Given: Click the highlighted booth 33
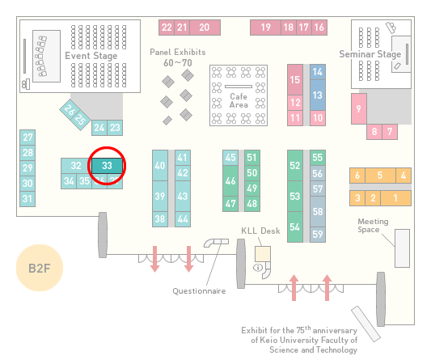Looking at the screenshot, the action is (107, 166).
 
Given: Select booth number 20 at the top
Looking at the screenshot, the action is (205, 28).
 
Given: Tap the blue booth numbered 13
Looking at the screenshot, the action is (318, 95).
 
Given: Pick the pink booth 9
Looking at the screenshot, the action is (359, 108).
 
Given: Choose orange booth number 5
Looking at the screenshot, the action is (380, 176).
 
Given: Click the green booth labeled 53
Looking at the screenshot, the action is (295, 196).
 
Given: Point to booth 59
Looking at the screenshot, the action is (318, 235).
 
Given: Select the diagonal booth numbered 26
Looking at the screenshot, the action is (69, 110).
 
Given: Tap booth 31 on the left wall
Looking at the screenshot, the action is (27, 198).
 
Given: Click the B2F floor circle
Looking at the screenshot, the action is (40, 268).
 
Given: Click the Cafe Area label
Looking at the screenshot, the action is (239, 100).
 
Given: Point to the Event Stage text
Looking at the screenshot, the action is (91, 56).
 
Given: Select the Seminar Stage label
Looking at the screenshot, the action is (370, 54).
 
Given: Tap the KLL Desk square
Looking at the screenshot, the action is (263, 254).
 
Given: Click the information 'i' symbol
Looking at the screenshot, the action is (258, 267).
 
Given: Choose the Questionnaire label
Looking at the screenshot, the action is (199, 291).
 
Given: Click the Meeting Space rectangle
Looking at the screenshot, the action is (402, 248).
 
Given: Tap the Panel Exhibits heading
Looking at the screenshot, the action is (178, 52).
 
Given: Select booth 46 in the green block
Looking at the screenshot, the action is (230, 180).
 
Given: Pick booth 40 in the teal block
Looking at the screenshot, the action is (160, 165).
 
